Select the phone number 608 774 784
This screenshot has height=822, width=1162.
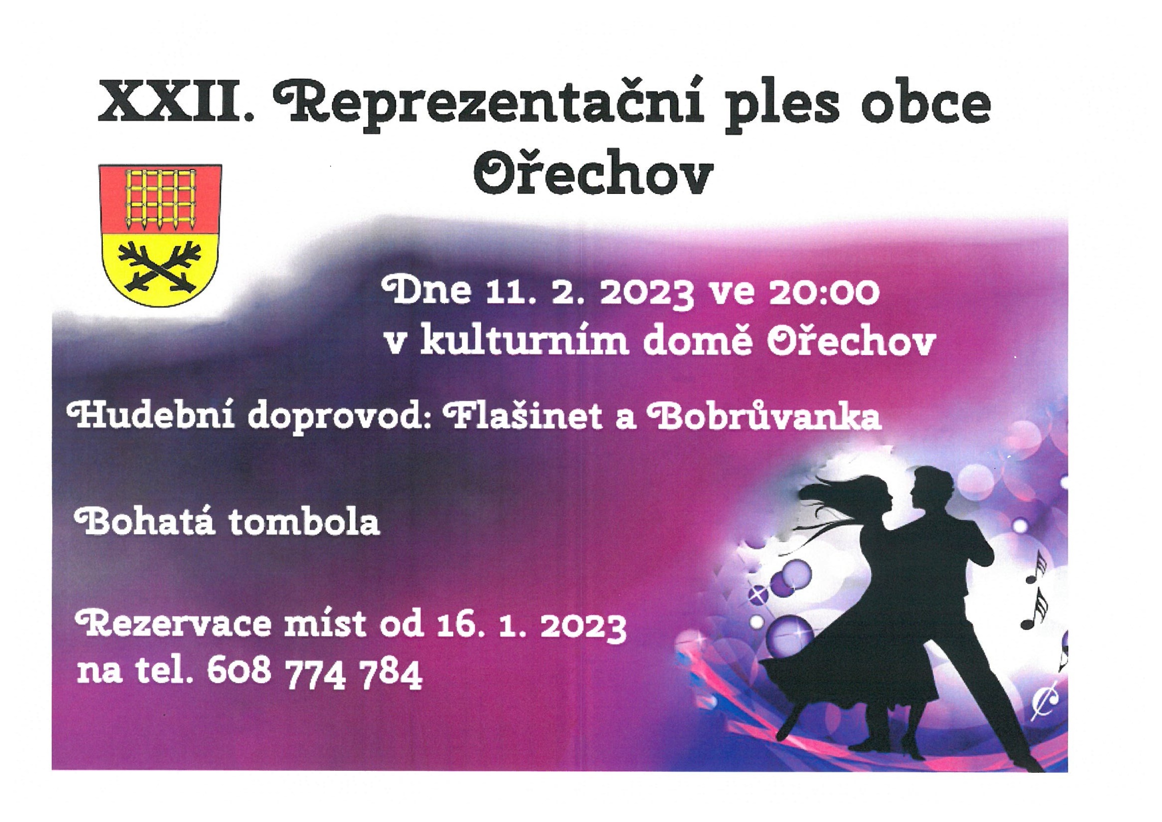(314, 675)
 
